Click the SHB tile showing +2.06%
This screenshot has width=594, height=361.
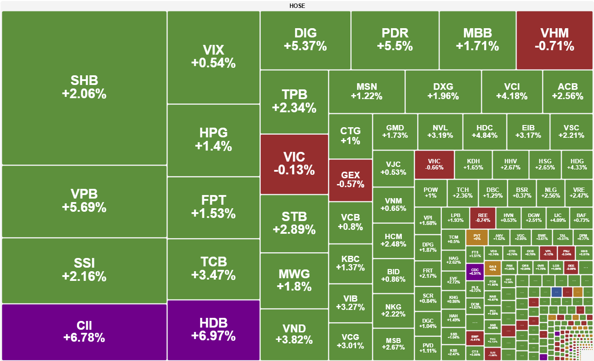84,88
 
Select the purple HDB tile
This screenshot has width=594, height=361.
213,330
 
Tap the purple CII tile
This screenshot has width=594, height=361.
84,332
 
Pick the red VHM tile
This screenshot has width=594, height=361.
554,40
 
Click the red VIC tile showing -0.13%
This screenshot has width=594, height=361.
294,164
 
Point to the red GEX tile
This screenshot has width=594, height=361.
350,180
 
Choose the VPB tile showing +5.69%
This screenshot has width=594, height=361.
84,201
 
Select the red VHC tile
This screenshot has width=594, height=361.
434,164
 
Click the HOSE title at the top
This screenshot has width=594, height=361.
297,6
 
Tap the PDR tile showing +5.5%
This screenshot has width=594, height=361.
395,40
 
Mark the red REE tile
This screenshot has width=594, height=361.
482,217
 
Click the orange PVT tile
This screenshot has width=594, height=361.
477,237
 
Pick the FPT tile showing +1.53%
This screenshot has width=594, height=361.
213,207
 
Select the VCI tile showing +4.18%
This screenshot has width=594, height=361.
512,91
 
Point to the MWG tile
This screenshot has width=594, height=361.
294,280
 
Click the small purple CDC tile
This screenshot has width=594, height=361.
474,272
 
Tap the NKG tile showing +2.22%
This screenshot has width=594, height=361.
393,310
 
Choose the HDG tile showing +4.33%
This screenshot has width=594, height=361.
577,164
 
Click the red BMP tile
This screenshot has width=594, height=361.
474,338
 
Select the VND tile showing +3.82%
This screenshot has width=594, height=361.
294,334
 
